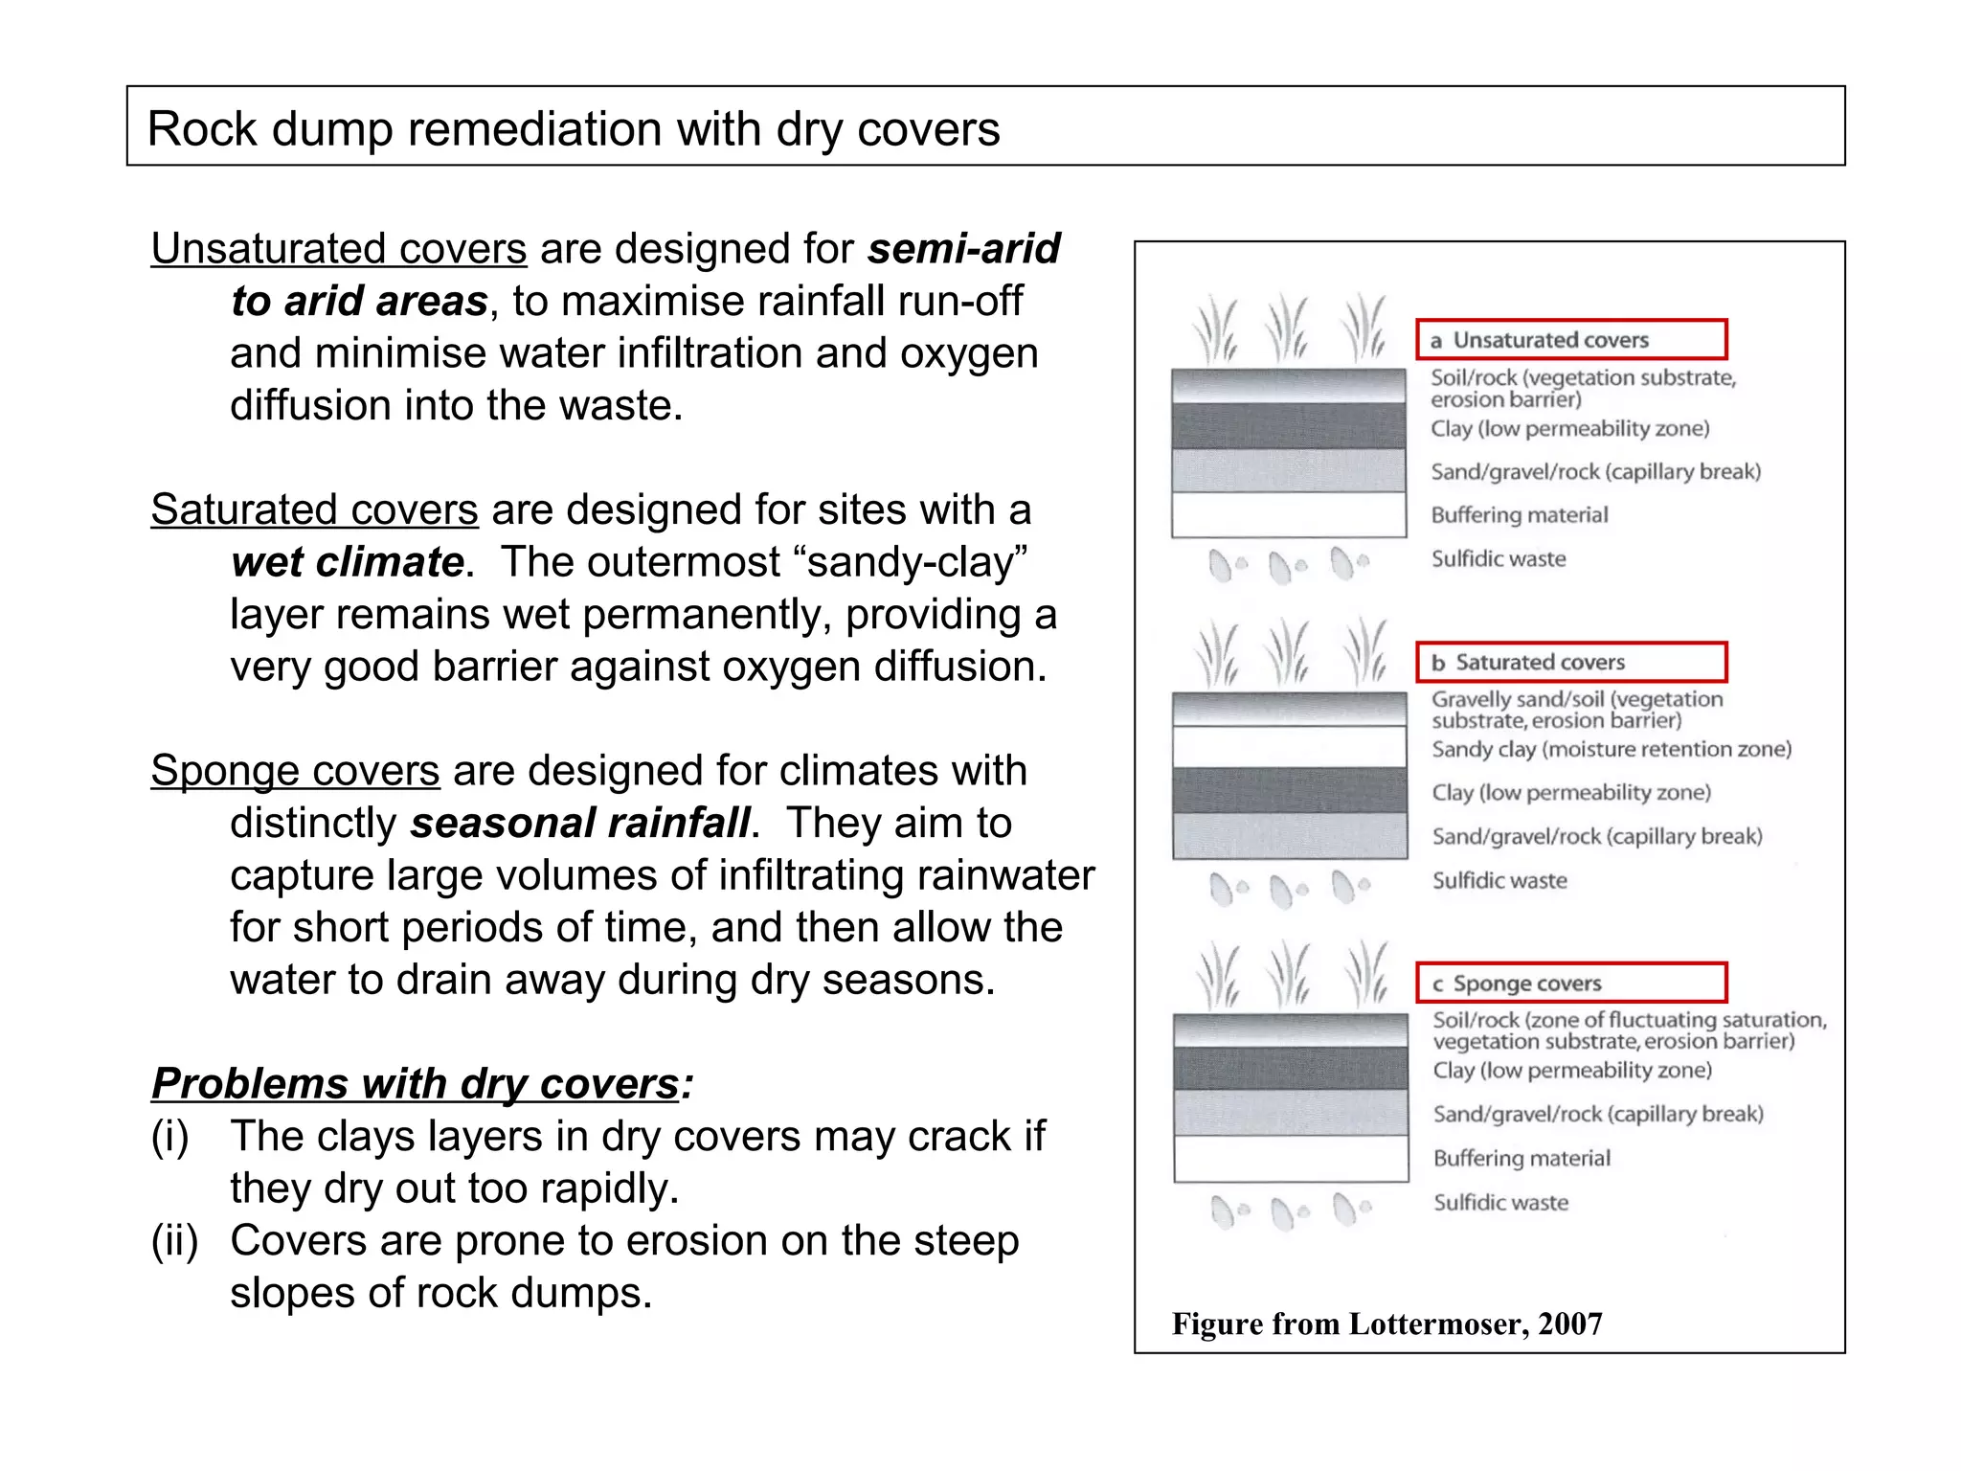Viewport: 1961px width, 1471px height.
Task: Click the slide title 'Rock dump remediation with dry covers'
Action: [x=574, y=128]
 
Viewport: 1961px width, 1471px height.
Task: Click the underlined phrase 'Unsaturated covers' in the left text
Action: [x=338, y=249]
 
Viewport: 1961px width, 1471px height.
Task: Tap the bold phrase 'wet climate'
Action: [x=348, y=562]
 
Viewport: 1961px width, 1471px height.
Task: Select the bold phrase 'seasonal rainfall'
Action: [x=580, y=823]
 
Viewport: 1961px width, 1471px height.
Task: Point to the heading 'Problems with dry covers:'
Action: [x=422, y=1084]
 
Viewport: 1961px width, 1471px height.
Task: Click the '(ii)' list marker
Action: [x=174, y=1240]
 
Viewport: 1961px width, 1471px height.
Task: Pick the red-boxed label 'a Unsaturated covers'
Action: [x=1570, y=340]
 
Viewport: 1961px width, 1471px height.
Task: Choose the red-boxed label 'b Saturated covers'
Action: [x=1570, y=662]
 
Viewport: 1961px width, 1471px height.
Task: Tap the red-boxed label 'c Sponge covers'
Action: [x=1570, y=984]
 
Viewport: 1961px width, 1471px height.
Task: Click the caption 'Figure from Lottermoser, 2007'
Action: [x=1386, y=1324]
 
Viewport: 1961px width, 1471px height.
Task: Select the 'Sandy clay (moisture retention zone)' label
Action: [x=1612, y=749]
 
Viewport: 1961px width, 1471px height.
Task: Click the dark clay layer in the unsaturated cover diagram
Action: [x=1289, y=426]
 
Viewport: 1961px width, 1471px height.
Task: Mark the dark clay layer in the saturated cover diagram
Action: [x=1289, y=790]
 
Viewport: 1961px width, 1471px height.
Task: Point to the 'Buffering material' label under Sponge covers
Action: [x=1521, y=1158]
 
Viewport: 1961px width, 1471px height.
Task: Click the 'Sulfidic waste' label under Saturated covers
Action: [x=1499, y=880]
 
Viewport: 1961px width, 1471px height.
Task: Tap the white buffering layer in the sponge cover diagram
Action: [x=1290, y=1158]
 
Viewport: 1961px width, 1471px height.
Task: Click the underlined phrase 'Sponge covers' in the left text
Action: [x=295, y=771]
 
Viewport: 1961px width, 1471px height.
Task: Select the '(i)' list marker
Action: [x=170, y=1136]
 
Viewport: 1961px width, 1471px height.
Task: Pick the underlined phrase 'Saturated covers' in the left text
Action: [x=314, y=509]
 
